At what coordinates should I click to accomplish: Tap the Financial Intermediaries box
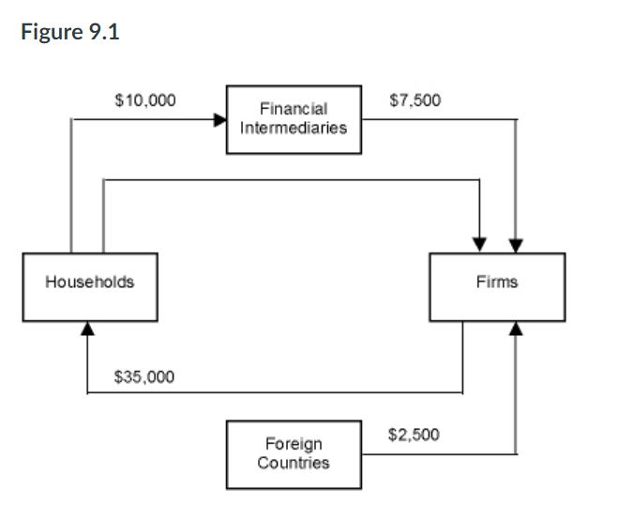(294, 119)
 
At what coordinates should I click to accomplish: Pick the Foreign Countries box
(294, 454)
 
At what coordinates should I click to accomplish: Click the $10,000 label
(143, 99)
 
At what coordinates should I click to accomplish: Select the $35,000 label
(143, 377)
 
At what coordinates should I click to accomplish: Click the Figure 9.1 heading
(71, 33)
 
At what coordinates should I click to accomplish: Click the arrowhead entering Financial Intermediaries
(220, 120)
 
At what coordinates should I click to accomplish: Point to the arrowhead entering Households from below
(87, 328)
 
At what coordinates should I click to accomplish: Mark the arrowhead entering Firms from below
(515, 328)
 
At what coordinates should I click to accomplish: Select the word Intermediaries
(294, 128)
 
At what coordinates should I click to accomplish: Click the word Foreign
(294, 445)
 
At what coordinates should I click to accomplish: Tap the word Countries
(294, 463)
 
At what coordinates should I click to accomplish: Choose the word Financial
(294, 111)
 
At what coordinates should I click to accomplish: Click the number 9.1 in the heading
(104, 33)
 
